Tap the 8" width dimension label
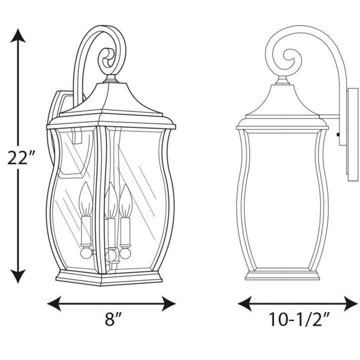point(113,319)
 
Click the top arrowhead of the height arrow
point(18,35)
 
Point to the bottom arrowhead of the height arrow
point(18,276)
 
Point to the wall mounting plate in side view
point(352,132)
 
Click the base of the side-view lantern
point(282,275)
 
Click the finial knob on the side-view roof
point(283,80)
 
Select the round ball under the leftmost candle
point(86,253)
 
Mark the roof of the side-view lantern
point(282,102)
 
